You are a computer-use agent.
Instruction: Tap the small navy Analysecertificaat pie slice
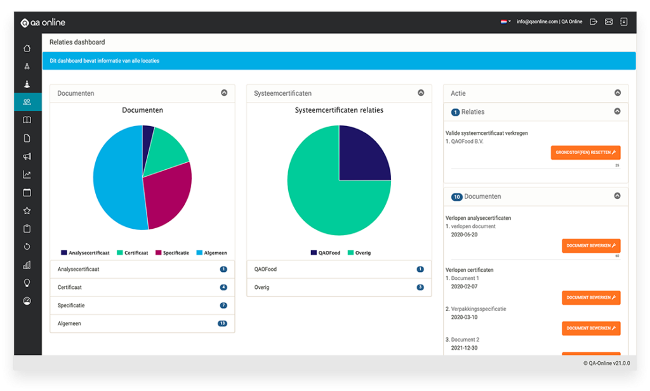coord(148,136)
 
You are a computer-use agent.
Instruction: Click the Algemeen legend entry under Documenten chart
coord(212,253)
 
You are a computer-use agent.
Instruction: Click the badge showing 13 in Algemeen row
coord(222,323)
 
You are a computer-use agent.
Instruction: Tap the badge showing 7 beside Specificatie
coord(223,305)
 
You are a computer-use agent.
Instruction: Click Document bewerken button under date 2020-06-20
coord(591,245)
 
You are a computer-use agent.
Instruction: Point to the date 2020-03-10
coord(464,317)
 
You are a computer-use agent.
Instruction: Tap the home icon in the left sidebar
coord(27,48)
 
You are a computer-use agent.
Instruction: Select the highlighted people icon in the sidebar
coord(27,102)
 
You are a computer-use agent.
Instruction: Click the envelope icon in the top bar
coord(609,22)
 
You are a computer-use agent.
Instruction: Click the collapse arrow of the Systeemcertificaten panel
coord(421,93)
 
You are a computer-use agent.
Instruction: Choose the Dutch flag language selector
coord(505,22)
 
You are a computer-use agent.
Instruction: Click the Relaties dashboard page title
coord(77,42)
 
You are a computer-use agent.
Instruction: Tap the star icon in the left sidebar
coord(27,210)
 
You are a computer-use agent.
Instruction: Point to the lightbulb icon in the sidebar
coord(27,283)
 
